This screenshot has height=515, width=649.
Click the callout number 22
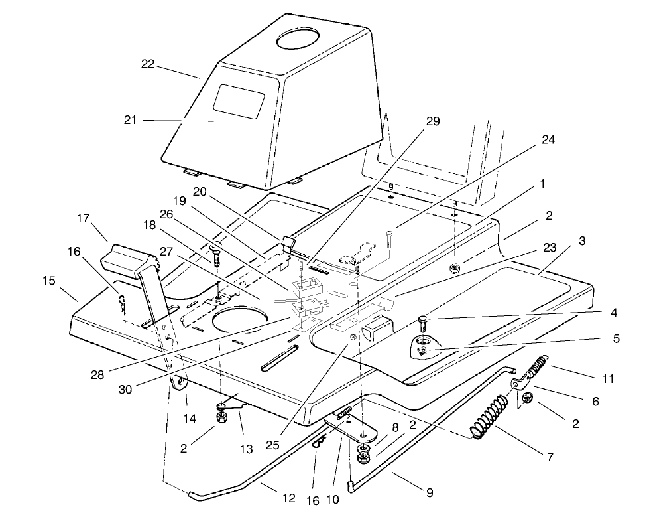[x=147, y=64]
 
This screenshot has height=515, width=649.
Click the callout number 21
[x=129, y=120]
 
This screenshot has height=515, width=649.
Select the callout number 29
[x=432, y=121]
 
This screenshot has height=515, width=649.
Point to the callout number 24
[x=548, y=140]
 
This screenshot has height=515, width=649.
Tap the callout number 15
[x=49, y=281]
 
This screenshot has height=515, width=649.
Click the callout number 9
[x=430, y=492]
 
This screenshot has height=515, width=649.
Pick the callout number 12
[x=289, y=498]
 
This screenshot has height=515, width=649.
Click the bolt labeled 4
[x=422, y=325]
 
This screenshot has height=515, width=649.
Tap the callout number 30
[x=125, y=389]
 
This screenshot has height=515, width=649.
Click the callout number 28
[x=97, y=375]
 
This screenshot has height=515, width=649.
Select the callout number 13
[x=246, y=449]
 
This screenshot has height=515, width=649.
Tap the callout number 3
[x=581, y=242]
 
